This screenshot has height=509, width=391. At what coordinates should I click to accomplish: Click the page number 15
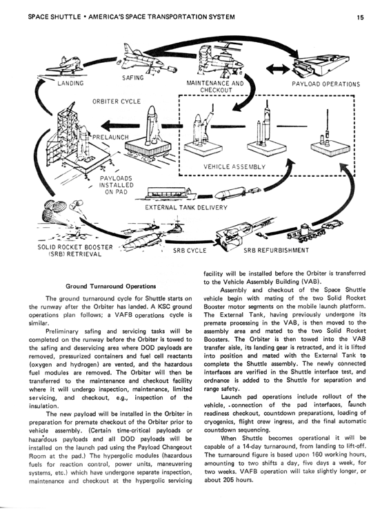coord(360,17)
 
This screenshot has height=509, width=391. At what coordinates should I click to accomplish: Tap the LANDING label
coord(70,84)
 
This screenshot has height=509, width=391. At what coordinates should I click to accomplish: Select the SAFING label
coord(133,78)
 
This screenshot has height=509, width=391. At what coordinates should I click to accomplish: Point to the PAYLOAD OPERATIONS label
coord(325,84)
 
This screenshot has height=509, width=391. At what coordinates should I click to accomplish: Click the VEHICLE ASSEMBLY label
coord(234,167)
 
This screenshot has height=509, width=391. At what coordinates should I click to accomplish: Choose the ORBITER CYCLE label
coord(117,102)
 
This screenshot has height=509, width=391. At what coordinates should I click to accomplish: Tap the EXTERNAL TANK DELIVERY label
coord(186,207)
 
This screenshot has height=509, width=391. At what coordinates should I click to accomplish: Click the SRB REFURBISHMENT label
coord(277,250)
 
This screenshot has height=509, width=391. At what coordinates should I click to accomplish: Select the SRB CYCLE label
coord(190,251)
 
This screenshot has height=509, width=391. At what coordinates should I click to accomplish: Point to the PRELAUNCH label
coord(110,137)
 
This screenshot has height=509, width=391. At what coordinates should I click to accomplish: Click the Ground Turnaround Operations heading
coord(110,287)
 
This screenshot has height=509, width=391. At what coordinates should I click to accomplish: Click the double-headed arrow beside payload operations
coord(278,69)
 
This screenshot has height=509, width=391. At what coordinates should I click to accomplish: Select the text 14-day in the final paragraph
coord(254,446)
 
